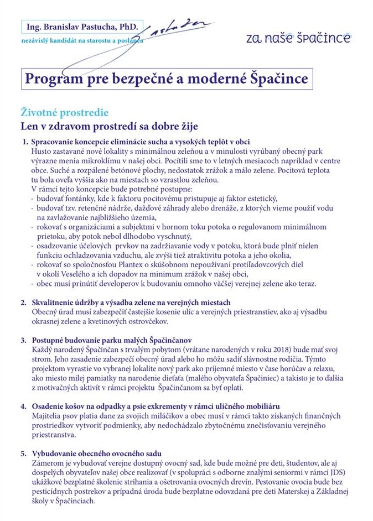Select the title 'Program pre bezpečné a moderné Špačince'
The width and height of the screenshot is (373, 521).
click(x=166, y=79)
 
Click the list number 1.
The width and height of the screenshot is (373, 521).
click(x=24, y=142)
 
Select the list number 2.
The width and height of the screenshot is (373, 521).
click(x=24, y=303)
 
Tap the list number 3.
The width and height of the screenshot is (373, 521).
click(x=24, y=339)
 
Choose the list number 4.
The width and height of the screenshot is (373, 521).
click(x=24, y=406)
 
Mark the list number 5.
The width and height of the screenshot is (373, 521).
click(x=24, y=454)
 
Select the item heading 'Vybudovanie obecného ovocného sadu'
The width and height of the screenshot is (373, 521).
click(x=96, y=454)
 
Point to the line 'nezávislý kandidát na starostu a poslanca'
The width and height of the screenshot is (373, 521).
click(x=82, y=41)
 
